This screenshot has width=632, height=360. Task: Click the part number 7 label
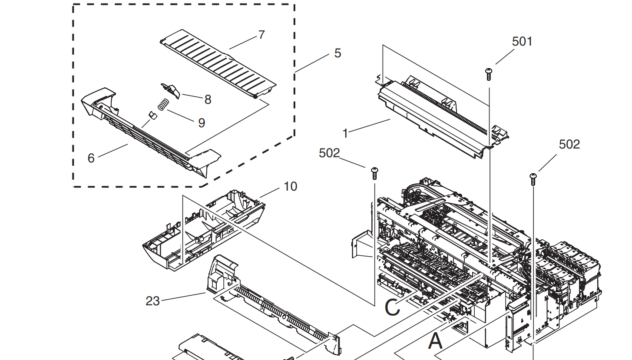point(261,35)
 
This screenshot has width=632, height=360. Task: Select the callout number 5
point(338,53)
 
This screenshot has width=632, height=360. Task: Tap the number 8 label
point(208,99)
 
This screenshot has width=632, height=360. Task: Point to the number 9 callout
point(201,123)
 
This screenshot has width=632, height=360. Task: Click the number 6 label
point(91,158)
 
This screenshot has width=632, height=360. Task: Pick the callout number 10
point(290,186)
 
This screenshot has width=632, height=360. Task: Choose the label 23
point(152,301)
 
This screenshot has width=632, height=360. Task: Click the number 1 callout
point(345,134)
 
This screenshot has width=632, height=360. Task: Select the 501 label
point(522,41)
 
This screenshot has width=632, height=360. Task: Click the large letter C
point(392,308)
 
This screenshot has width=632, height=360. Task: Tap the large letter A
point(435,341)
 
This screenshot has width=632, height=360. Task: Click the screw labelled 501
point(489,74)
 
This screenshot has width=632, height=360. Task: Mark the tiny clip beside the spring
point(152,115)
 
